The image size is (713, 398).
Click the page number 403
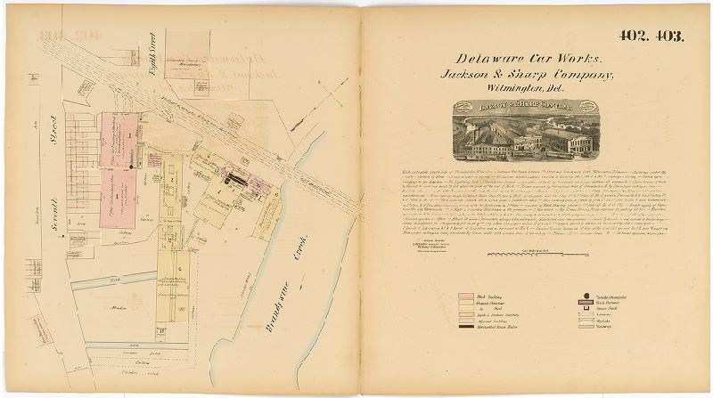[667, 37]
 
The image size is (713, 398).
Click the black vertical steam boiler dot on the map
[132, 167]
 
